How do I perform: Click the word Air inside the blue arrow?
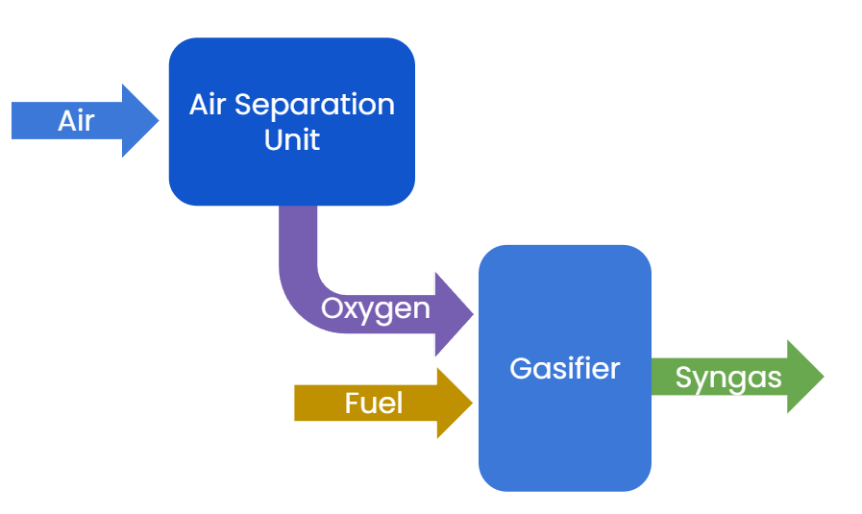(76, 121)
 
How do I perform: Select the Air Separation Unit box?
(291, 173)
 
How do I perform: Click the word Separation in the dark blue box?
(329, 105)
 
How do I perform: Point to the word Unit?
(291, 139)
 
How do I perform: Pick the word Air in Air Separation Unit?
(209, 105)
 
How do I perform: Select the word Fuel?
(373, 403)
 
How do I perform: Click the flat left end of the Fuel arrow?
(297, 403)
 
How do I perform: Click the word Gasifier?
(564, 368)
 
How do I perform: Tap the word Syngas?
(727, 378)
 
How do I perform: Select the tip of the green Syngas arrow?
(821, 377)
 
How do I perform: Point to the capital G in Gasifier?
(520, 368)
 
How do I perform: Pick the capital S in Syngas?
(683, 378)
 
